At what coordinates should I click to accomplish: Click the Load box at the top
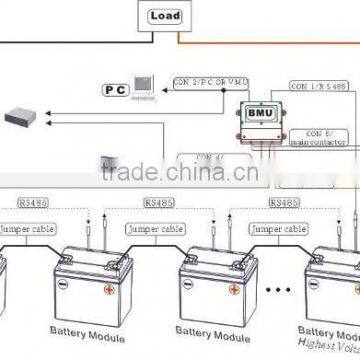click(165, 17)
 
